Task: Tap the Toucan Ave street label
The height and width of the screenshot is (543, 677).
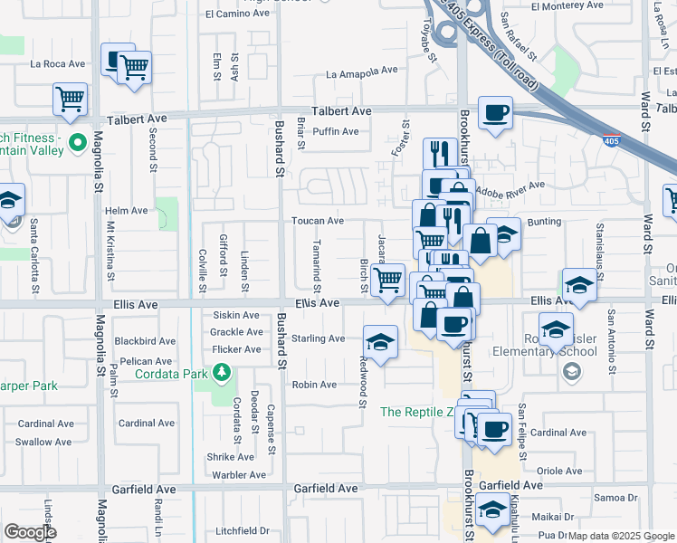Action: tap(317, 221)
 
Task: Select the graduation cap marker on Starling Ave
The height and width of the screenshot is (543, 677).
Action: tap(381, 342)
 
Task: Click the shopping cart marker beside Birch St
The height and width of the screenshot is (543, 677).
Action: tap(387, 280)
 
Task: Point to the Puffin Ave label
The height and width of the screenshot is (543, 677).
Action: tap(335, 131)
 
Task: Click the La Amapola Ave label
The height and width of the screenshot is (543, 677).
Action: tap(361, 71)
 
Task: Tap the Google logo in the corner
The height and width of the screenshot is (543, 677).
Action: tap(30, 531)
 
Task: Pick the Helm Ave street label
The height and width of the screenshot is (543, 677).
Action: tap(126, 211)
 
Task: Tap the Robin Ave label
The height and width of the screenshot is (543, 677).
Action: tap(314, 385)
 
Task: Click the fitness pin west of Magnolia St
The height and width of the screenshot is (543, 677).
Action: tap(78, 143)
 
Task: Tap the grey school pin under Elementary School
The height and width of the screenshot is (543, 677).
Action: tap(571, 371)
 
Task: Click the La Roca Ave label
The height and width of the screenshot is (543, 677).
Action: tap(57, 64)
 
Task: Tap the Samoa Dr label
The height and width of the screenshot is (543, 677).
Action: tap(615, 498)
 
